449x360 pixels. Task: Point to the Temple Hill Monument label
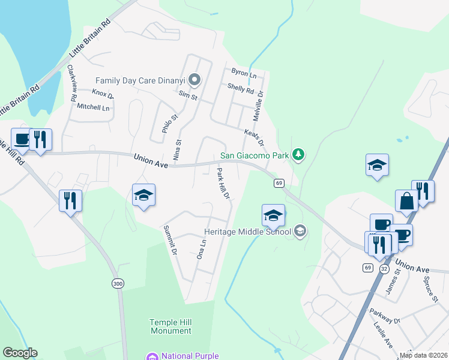click(x=170, y=326)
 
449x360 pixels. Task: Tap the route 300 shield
click(x=118, y=283)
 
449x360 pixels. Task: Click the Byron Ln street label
click(x=244, y=73)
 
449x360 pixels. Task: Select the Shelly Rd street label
click(x=241, y=89)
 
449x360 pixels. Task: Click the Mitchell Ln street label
click(x=93, y=107)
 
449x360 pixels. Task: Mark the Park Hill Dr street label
click(x=223, y=184)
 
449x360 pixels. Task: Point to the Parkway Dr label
click(x=385, y=316)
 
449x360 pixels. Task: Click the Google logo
click(x=20, y=353)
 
